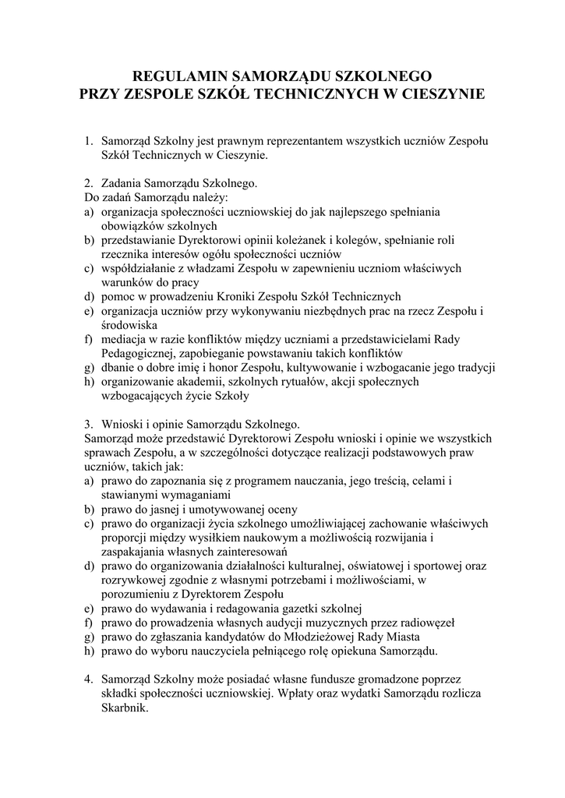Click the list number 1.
point(89,141)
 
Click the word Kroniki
point(245,296)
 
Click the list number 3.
point(89,424)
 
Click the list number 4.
point(89,679)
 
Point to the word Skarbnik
point(124,708)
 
